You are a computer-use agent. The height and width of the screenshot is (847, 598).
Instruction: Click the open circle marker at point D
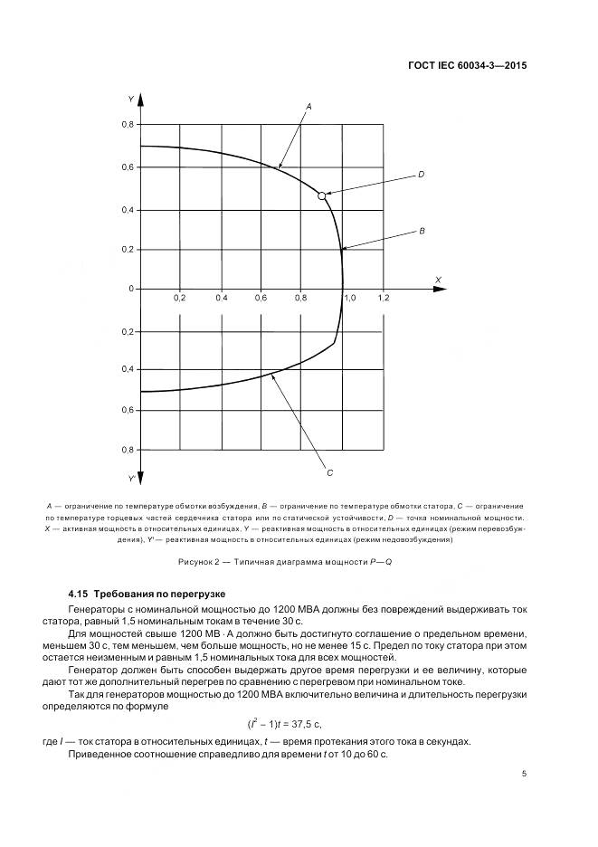pos(322,195)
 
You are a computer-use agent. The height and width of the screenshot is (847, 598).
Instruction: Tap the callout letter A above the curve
pos(308,107)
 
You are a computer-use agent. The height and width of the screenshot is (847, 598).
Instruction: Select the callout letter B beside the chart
pos(422,232)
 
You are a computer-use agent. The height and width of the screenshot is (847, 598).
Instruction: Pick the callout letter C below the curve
pos(330,471)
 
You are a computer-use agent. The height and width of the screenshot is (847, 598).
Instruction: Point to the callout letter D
pos(422,174)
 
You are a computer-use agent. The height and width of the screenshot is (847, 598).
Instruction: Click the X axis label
pos(437,278)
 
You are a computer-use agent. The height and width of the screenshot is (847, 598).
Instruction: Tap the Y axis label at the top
pos(132,98)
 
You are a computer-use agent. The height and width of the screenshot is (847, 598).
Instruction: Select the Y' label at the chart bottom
pos(132,478)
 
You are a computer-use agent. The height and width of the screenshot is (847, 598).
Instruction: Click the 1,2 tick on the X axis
pos(384,297)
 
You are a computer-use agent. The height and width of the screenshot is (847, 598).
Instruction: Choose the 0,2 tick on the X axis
pos(180,297)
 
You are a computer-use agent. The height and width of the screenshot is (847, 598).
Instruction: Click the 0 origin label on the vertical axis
pos(131,289)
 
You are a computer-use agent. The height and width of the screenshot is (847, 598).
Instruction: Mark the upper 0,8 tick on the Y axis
pos(128,125)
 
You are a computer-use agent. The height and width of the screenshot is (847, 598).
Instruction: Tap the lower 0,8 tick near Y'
pos(128,450)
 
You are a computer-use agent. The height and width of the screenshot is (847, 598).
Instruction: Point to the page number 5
pos(525,774)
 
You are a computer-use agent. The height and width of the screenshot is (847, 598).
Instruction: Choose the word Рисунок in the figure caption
pos(198,562)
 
